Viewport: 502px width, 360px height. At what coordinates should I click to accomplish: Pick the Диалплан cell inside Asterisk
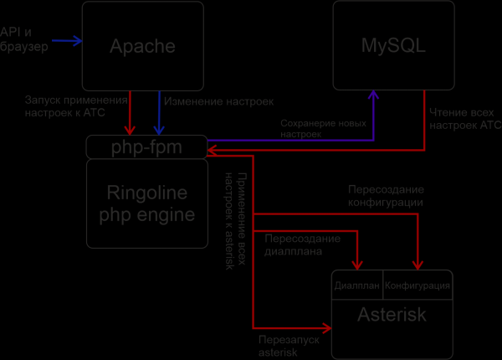pos(357,285)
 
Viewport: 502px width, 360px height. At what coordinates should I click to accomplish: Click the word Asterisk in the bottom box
pos(392,316)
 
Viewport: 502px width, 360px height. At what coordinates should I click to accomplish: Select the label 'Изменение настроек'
pos(218,102)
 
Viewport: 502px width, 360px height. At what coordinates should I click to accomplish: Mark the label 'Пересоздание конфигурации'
pos(386,196)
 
